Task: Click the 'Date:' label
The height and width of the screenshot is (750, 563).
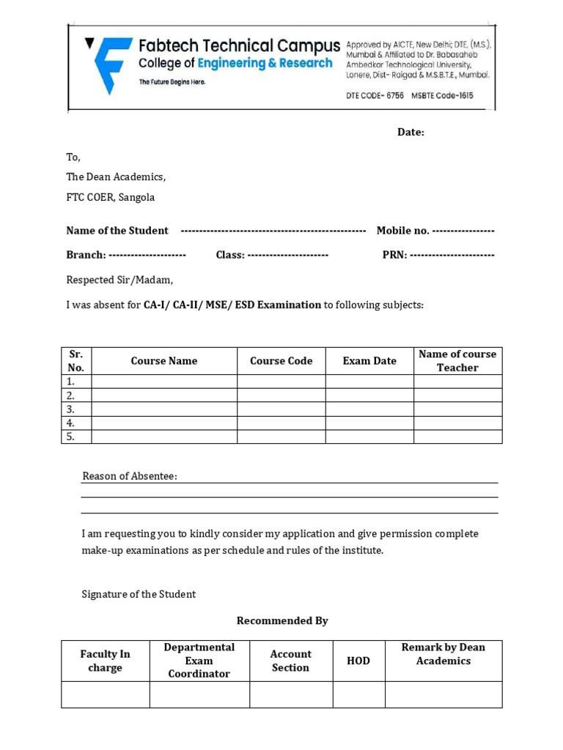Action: (411, 133)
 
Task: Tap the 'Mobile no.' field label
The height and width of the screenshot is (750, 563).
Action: (402, 231)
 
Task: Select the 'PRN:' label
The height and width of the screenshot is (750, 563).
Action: (394, 255)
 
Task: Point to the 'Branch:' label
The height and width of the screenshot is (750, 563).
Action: (87, 255)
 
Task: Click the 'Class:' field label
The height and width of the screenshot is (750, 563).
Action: (229, 255)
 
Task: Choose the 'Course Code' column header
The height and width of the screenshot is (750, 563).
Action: (281, 361)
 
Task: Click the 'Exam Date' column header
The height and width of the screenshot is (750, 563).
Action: (369, 361)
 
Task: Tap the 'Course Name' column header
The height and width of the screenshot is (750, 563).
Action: (164, 361)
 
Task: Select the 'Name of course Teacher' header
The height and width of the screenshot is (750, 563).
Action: (457, 361)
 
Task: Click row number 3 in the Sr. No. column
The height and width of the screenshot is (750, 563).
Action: (71, 409)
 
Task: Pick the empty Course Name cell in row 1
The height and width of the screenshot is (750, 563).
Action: (164, 382)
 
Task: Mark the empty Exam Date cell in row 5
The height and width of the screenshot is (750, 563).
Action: (369, 437)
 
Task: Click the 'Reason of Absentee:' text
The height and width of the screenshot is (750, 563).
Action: (130, 477)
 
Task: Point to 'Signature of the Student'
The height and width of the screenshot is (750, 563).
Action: (139, 595)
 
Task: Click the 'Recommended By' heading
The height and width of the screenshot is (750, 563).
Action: (282, 621)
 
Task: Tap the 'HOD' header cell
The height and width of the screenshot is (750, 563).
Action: (358, 661)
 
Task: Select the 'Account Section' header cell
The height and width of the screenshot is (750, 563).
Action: (290, 661)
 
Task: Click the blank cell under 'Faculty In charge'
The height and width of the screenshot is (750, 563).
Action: (106, 694)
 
